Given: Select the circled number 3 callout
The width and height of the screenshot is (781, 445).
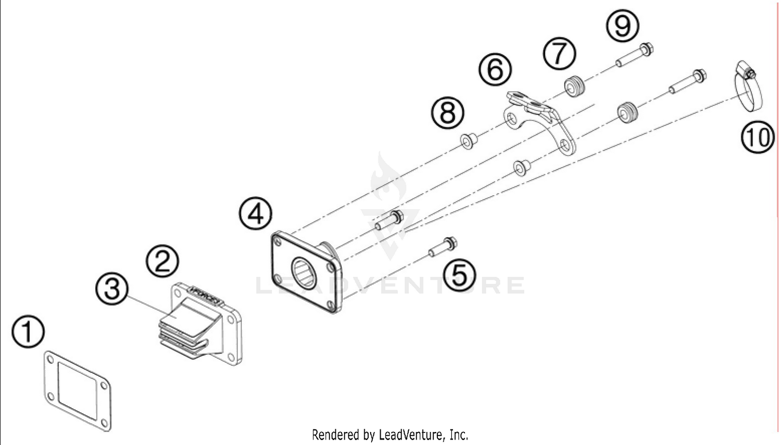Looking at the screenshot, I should (112, 288).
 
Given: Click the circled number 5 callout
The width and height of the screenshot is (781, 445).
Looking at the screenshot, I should (459, 274).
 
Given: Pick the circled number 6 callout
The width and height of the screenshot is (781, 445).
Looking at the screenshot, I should (495, 69).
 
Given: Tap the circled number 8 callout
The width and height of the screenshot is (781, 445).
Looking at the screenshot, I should (448, 112).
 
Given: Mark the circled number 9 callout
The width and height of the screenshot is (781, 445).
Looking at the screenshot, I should (623, 25).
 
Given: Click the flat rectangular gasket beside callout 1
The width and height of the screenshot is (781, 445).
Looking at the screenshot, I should (77, 390).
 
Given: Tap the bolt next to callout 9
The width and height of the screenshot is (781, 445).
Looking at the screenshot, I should (635, 56).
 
